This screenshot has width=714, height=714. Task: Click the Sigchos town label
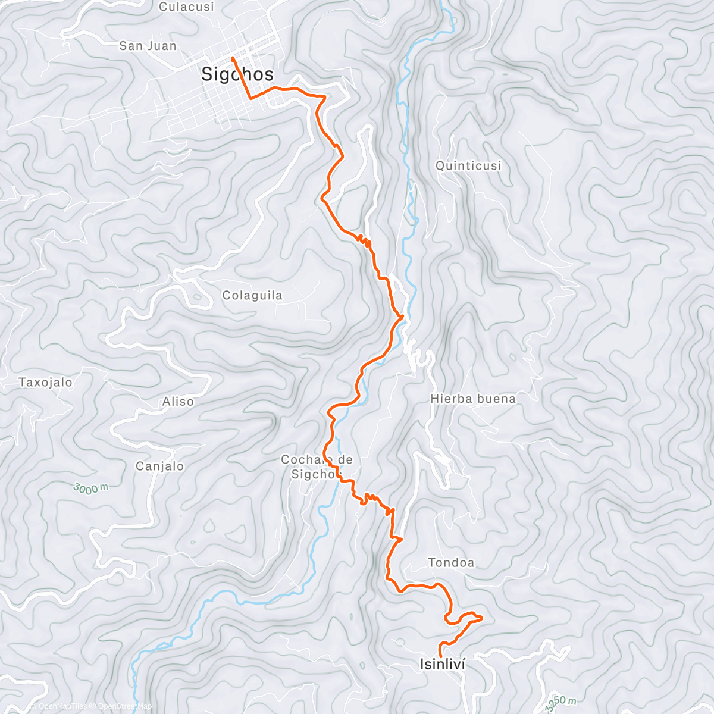point(237,74)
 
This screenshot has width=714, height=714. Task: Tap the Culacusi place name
point(186,7)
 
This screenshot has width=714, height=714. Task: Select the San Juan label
point(148,46)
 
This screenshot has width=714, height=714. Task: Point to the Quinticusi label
point(468,166)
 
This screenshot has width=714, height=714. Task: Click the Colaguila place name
point(252,296)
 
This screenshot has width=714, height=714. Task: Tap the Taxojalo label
point(45,383)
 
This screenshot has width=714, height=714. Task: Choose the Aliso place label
point(178,402)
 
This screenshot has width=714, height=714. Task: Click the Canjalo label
point(159,466)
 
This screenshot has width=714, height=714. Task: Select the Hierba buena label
point(473,399)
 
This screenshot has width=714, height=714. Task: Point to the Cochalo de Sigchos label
point(316,466)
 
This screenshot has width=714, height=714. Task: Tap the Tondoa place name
point(451,563)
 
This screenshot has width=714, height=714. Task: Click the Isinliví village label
point(442,665)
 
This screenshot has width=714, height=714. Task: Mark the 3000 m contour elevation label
point(91,488)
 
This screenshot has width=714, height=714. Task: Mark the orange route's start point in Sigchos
point(231,58)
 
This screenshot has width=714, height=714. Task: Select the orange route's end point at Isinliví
point(440,657)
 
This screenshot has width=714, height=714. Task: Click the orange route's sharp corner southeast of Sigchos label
point(250,98)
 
